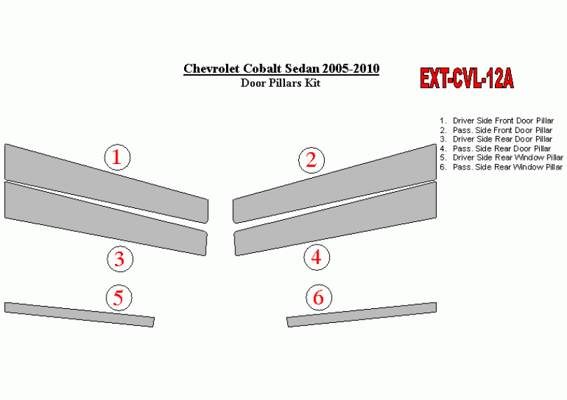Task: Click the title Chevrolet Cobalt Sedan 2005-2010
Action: point(281,69)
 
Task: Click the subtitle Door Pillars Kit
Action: point(281,83)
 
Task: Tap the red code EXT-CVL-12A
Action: point(466,78)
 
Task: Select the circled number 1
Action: point(117,158)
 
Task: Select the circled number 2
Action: point(311,160)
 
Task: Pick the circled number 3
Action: point(120,259)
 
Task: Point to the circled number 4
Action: point(316,257)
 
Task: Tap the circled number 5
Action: point(119,298)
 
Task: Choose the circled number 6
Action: point(318,298)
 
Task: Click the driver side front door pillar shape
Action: point(106,184)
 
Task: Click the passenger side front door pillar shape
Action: point(335,184)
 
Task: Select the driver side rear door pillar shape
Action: point(106,219)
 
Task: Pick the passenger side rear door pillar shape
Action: point(335,219)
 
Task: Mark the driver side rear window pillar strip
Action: point(79,315)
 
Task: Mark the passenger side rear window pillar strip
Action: point(362,315)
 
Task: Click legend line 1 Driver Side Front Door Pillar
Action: point(496,121)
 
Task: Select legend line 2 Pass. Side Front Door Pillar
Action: point(496,130)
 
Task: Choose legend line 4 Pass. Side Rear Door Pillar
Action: point(495,149)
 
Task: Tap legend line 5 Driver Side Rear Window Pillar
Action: point(501,158)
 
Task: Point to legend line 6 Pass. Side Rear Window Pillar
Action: point(500,167)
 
